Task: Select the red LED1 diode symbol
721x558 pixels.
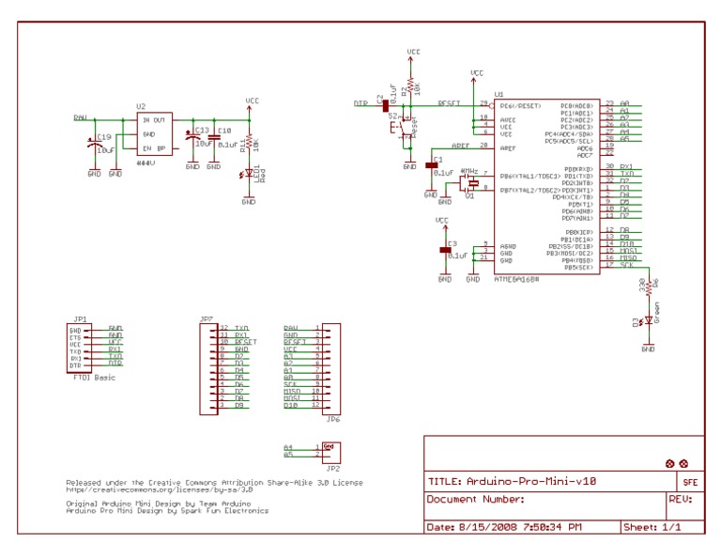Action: [249, 173]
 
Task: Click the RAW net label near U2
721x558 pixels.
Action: [80, 118]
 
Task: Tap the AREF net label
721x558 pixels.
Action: [460, 147]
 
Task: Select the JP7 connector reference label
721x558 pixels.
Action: [206, 318]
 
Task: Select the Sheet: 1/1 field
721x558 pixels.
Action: [652, 528]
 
